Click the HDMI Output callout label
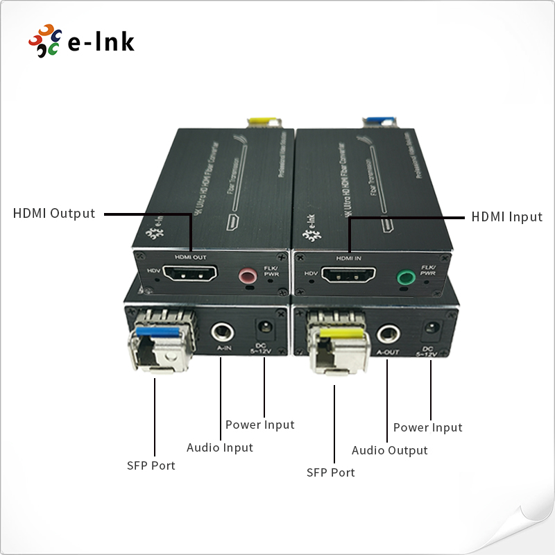54,214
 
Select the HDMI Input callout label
506,217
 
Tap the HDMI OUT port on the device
190,274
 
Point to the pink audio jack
247,277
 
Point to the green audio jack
405,279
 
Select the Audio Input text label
220,447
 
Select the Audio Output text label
389,450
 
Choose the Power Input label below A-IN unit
260,425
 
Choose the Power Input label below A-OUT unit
427,427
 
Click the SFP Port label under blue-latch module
151,466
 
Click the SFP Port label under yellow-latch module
331,472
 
